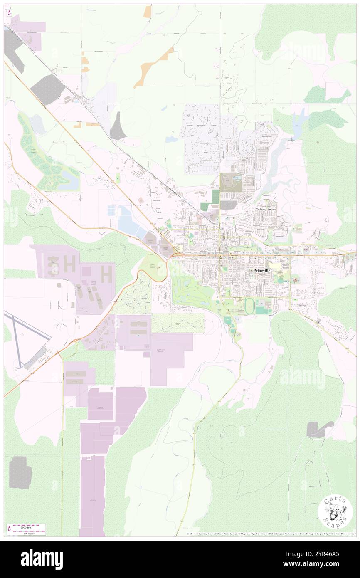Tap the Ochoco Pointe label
(x=266, y=209)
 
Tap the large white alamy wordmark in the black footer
(x=42, y=559)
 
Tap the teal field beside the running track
(x=261, y=310)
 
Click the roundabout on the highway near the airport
(x=76, y=341)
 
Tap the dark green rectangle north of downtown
(x=215, y=196)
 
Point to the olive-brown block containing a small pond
(x=228, y=182)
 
